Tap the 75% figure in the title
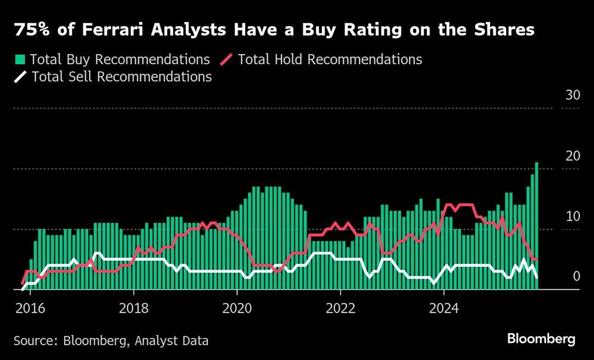tap(30, 30)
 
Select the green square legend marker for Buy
tap(20, 59)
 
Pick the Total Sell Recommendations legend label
tap(122, 77)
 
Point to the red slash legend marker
tap(227, 59)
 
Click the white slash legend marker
tap(20, 77)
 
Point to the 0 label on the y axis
tap(574, 276)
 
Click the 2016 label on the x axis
tap(30, 308)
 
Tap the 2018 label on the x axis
tap(134, 308)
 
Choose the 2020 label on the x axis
tap(237, 308)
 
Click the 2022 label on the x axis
tap(340, 308)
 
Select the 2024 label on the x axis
tap(444, 308)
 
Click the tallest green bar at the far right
tap(536, 226)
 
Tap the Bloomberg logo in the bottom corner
tap(541, 339)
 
